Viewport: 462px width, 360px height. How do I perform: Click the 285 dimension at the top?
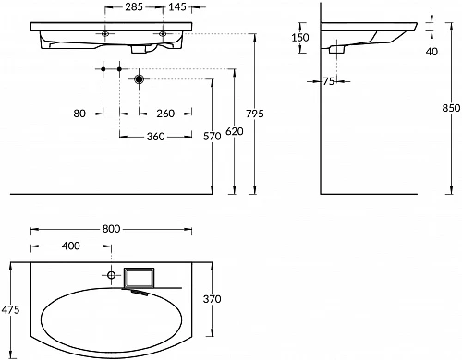pos(134,6)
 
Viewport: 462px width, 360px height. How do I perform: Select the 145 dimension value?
pos(177,6)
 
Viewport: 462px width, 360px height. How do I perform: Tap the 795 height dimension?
pos(255,114)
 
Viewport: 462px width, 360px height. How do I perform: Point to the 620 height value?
pos(235,131)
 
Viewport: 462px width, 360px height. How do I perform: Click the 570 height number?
pos(213,136)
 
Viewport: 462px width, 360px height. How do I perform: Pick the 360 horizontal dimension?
pos(156,137)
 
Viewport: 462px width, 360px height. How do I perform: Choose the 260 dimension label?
pos(165,114)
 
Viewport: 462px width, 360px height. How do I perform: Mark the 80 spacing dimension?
pos(79,114)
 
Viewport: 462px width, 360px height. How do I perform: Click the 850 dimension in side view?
pos(451,108)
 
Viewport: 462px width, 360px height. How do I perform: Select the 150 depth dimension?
pos(300,38)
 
